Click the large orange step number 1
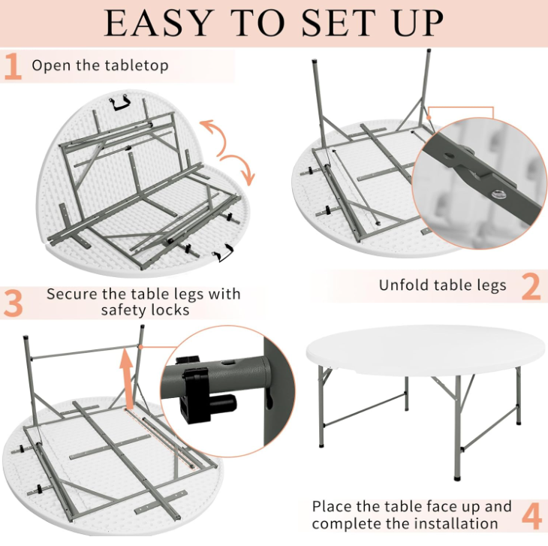click(14, 66)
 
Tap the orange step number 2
click(531, 287)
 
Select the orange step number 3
click(14, 303)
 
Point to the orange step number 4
click(532, 516)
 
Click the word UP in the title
click(418, 23)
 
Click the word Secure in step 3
click(71, 294)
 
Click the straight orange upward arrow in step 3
click(127, 379)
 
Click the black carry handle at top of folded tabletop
click(120, 103)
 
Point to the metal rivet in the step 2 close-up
click(496, 194)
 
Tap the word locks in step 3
click(170, 310)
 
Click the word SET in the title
click(338, 23)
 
